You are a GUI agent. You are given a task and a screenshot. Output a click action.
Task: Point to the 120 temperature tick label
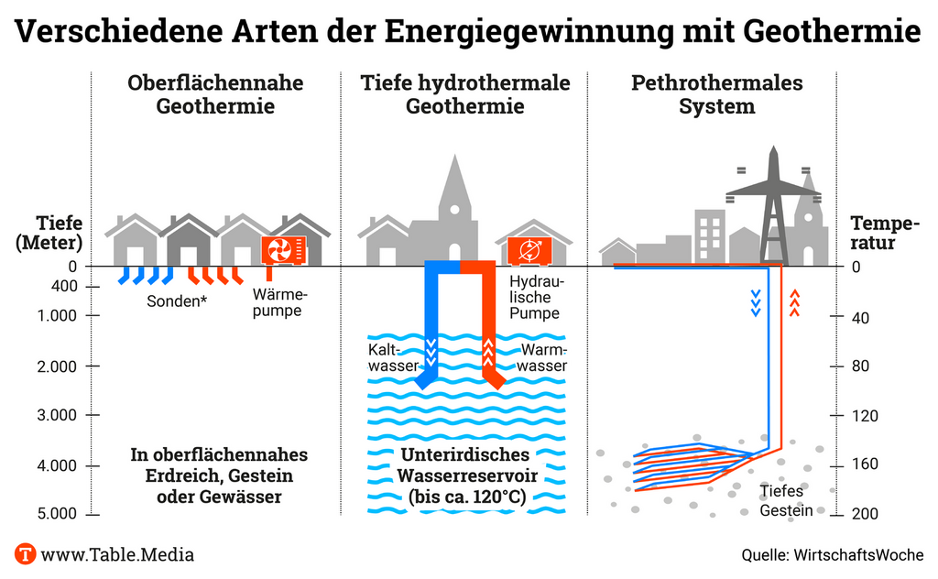tap(865, 415)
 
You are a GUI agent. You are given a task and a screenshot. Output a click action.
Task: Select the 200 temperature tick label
tap(865, 514)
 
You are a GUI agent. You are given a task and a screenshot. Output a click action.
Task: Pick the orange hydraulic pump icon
tap(529, 250)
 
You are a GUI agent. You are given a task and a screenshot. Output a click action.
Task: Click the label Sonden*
tap(177, 300)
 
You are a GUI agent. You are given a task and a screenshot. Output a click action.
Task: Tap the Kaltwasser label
tap(393, 358)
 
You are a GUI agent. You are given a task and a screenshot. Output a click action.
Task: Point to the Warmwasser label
tap(543, 358)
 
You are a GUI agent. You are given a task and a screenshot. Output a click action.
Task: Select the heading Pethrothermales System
tap(716, 94)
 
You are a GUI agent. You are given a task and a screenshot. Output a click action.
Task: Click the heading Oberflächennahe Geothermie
tap(215, 94)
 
